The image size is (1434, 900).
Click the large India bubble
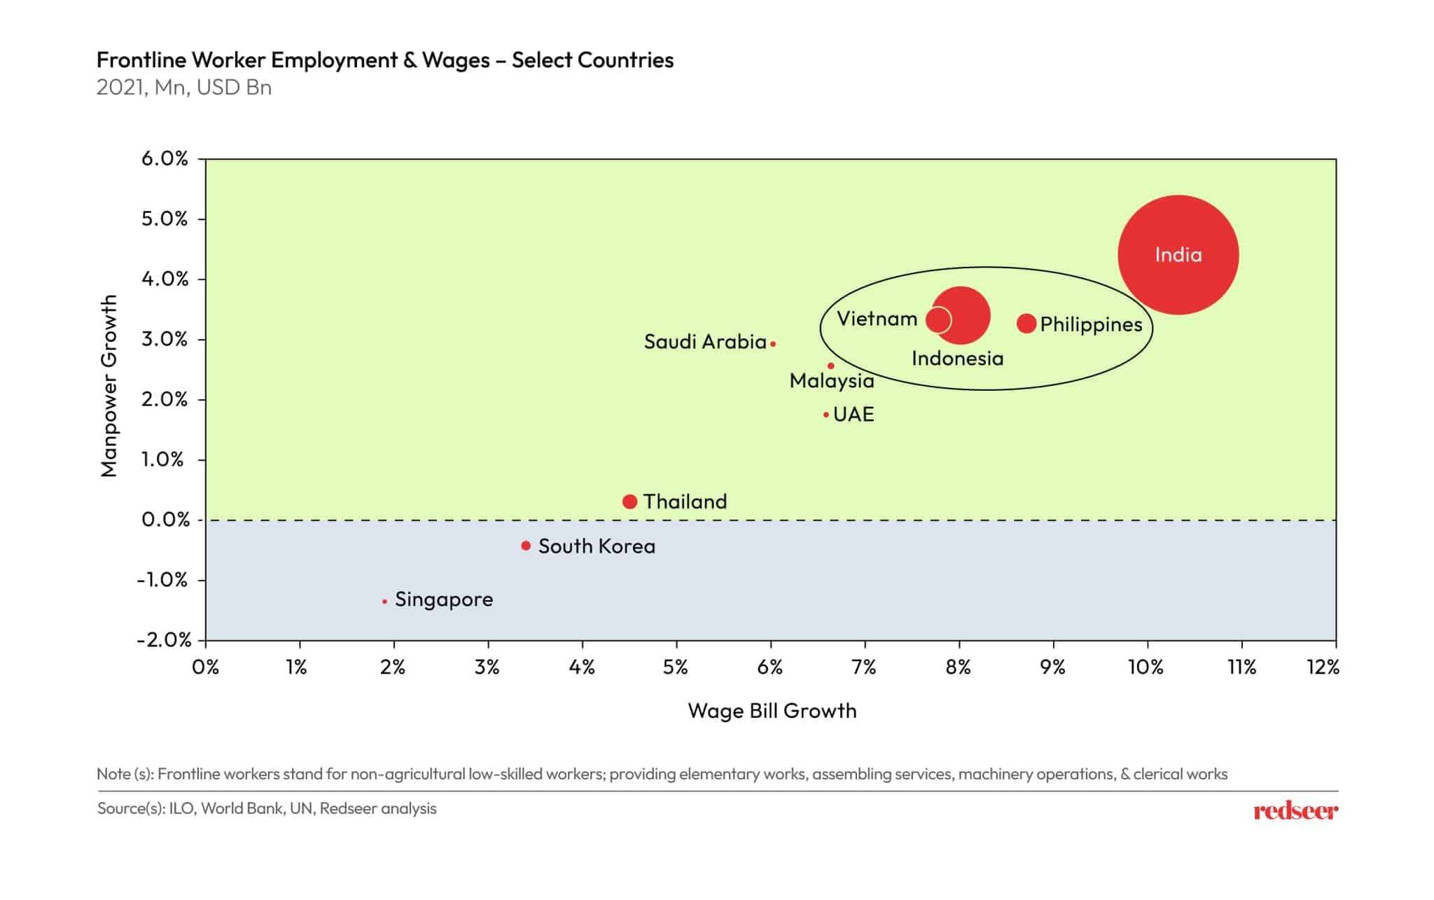pos(1178,255)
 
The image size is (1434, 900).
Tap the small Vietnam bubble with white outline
pos(938,320)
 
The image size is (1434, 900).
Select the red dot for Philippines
pos(1026,324)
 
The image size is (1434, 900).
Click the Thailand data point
pos(629,501)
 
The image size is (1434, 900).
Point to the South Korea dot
pos(526,546)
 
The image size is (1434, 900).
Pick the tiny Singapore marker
pos(384,602)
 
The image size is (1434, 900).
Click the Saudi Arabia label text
pos(704,342)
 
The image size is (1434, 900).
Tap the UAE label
pos(854,415)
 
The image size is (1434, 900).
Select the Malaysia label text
pos(832,381)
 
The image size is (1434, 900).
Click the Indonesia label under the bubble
pos(957,359)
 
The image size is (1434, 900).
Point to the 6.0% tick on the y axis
pos(165,159)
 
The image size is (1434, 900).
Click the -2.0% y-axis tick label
pos(164,639)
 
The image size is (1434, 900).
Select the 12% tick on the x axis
pos(1323,667)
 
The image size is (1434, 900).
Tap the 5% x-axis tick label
pos(675,667)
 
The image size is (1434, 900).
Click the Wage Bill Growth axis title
pos(772,711)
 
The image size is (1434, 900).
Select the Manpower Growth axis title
pos(109,385)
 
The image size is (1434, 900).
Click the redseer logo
pos(1295,811)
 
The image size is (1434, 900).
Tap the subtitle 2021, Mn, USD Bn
pos(184,88)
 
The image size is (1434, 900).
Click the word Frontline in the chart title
pos(141,60)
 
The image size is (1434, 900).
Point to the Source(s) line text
pos(266,808)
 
